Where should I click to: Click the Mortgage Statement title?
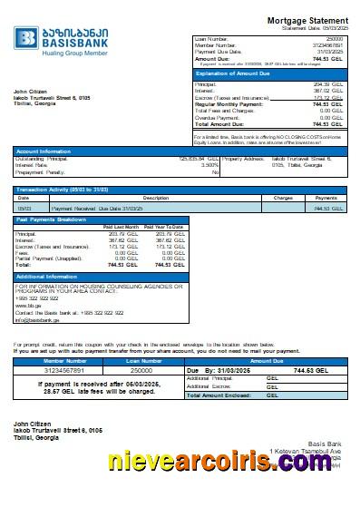click(x=307, y=20)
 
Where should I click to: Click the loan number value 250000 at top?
click(x=335, y=39)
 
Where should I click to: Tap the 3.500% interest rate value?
click(x=209, y=165)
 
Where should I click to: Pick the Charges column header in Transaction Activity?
click(x=283, y=197)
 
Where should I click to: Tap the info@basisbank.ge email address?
click(x=36, y=320)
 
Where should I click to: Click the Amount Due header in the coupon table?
click(x=266, y=361)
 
